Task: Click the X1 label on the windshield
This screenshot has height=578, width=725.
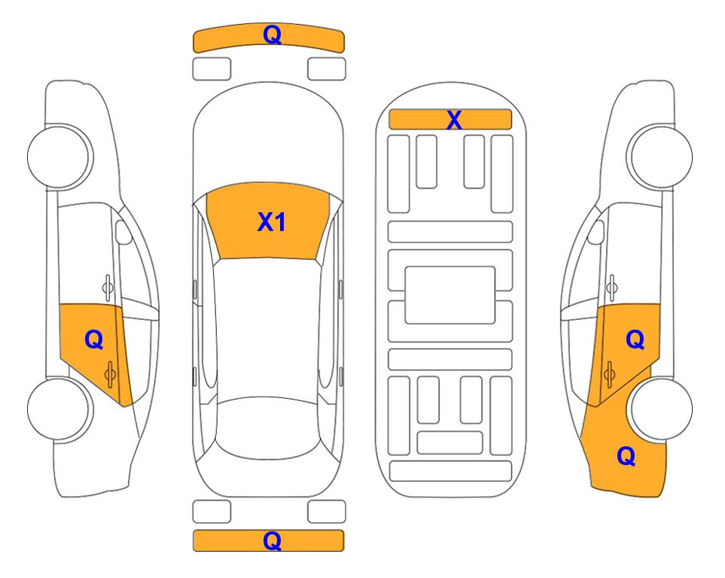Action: point(272,222)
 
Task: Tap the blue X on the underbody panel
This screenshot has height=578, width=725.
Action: point(454,120)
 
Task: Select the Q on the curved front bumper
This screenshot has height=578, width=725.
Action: point(272,35)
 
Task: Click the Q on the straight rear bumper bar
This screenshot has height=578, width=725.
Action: point(272,540)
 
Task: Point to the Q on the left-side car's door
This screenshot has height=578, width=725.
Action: point(94,340)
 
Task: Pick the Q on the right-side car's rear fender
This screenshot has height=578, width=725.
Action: point(626,456)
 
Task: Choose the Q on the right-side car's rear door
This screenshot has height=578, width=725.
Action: point(635,340)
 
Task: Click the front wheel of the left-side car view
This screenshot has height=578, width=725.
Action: point(59,157)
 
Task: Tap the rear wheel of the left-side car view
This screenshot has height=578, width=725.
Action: point(59,409)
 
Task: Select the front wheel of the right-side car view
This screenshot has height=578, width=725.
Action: point(660,157)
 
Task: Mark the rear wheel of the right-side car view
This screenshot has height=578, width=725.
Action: point(661,409)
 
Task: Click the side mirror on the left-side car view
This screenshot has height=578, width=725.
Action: point(123,232)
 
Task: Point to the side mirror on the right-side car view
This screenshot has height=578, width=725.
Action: point(596,232)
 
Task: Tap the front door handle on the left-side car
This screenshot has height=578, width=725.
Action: point(107,287)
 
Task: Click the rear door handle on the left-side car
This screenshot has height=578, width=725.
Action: point(110,374)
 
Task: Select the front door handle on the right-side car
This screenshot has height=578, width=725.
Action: point(611,287)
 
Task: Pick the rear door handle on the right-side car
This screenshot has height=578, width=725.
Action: point(609,374)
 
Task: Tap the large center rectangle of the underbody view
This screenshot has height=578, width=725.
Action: point(450,295)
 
